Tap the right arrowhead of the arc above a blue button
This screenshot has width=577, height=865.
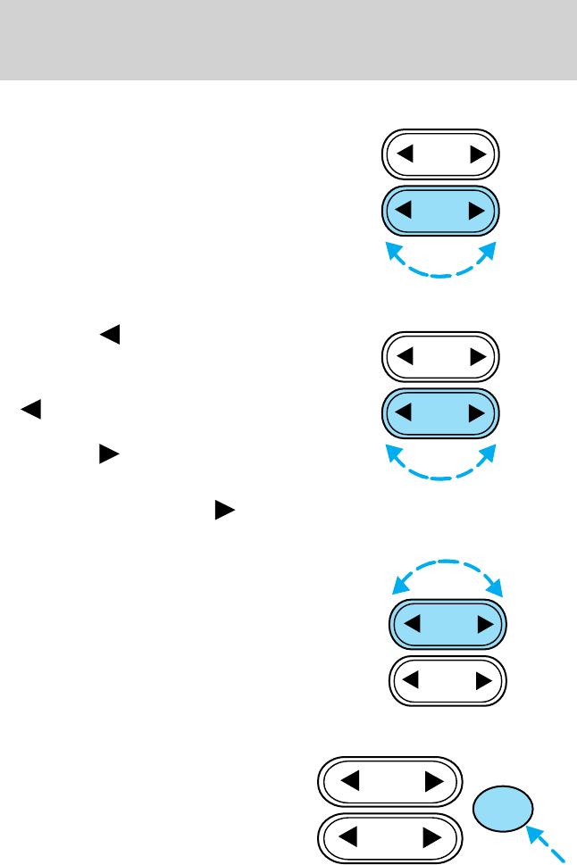(499, 591)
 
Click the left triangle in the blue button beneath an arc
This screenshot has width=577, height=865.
(412, 623)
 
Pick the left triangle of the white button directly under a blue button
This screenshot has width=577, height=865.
(412, 682)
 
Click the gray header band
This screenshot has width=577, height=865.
(288, 39)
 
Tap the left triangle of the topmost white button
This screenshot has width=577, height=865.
(405, 154)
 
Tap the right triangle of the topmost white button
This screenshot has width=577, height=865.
(477, 154)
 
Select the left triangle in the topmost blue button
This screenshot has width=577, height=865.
(405, 211)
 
